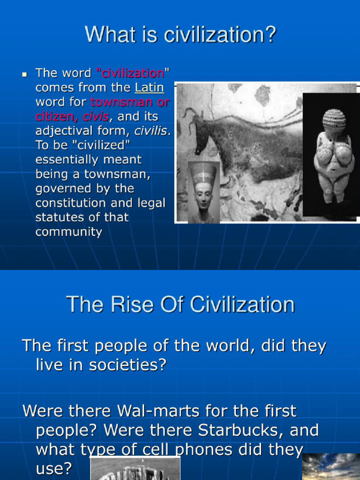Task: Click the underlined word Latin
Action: [x=149, y=88]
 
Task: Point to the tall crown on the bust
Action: [x=203, y=172]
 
